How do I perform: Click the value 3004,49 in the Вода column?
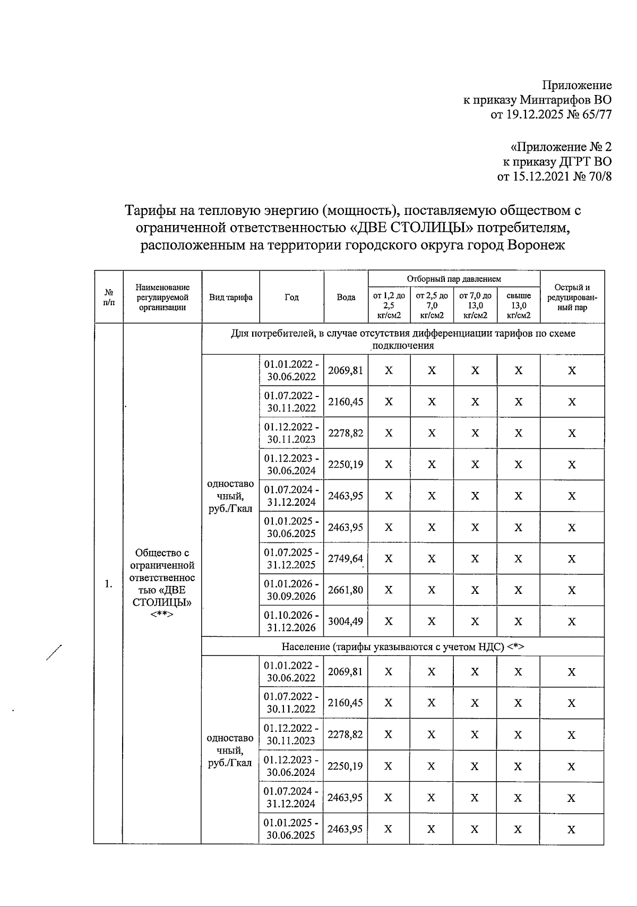[x=346, y=621]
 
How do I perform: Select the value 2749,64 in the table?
[x=346, y=558]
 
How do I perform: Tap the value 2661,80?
[x=346, y=590]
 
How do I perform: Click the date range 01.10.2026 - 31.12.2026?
[x=291, y=621]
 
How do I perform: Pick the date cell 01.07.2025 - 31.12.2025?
[x=291, y=558]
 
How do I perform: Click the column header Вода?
[x=346, y=297]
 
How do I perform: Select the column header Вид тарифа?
[x=231, y=297]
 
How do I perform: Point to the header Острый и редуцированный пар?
[x=572, y=297]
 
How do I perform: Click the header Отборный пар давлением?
[x=454, y=279]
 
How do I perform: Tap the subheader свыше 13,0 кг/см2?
[x=519, y=305]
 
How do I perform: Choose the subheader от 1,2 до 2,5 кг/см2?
[x=389, y=305]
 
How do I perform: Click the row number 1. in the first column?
[x=109, y=584]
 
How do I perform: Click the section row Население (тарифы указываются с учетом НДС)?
[x=403, y=646]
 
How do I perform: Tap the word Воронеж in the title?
[x=536, y=245]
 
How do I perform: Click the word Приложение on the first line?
[x=576, y=85]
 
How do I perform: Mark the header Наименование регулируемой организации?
[x=162, y=297]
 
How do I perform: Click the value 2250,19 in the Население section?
[x=346, y=766]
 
